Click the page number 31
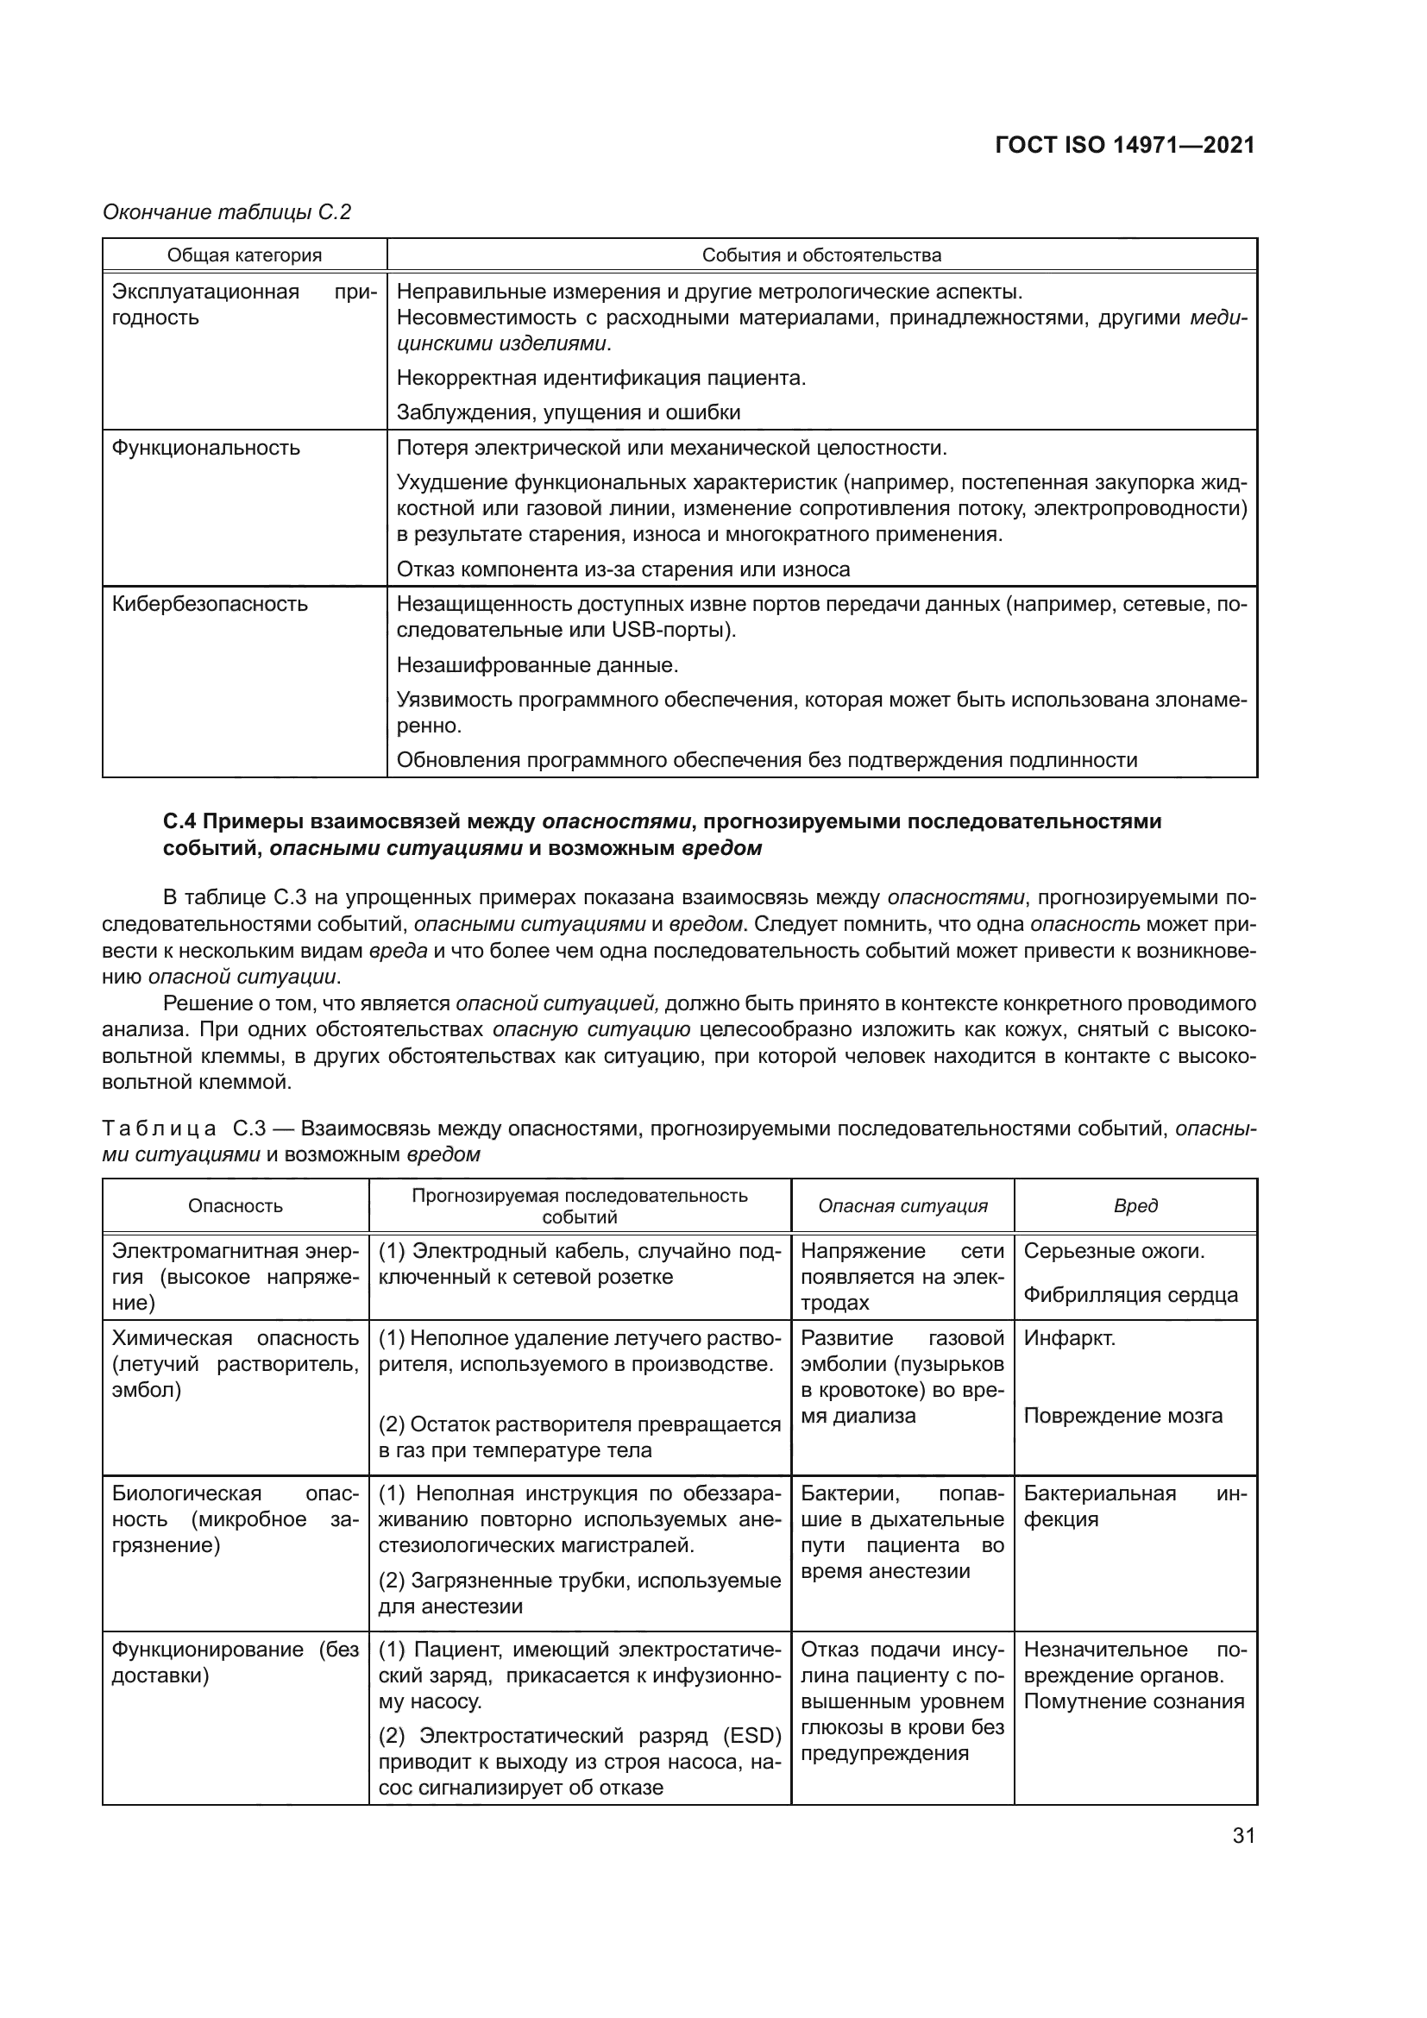click(x=1243, y=1835)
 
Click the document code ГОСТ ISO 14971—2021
click(x=1125, y=145)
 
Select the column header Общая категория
click(x=244, y=255)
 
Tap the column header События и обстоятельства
click(x=820, y=255)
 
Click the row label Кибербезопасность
click(x=209, y=604)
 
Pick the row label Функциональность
click(x=205, y=448)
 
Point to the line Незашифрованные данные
click(x=537, y=664)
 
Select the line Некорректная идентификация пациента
click(x=601, y=378)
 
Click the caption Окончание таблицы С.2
click(x=227, y=212)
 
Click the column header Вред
click(x=1135, y=1206)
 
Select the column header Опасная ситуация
click(x=902, y=1206)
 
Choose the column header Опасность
click(x=236, y=1206)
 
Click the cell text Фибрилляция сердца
click(x=1130, y=1295)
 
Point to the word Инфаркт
click(x=1068, y=1339)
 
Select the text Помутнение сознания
click(x=1134, y=1701)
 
